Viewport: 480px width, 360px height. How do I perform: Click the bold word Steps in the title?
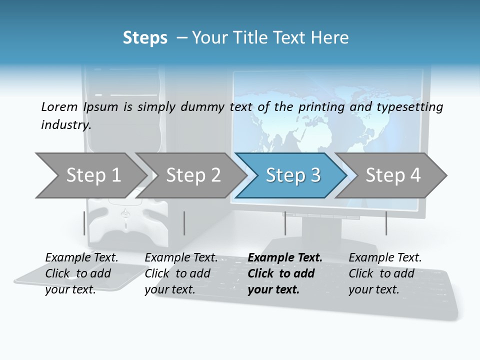click(x=145, y=38)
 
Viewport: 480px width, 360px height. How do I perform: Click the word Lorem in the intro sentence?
click(x=59, y=106)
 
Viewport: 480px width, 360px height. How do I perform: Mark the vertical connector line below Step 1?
click(x=84, y=223)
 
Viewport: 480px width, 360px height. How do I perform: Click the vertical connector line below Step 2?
click(x=184, y=223)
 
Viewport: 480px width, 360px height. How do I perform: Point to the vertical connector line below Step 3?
click(x=285, y=223)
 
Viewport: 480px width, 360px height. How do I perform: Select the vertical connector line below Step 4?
click(x=386, y=223)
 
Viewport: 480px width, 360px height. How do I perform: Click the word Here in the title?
click(x=332, y=38)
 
